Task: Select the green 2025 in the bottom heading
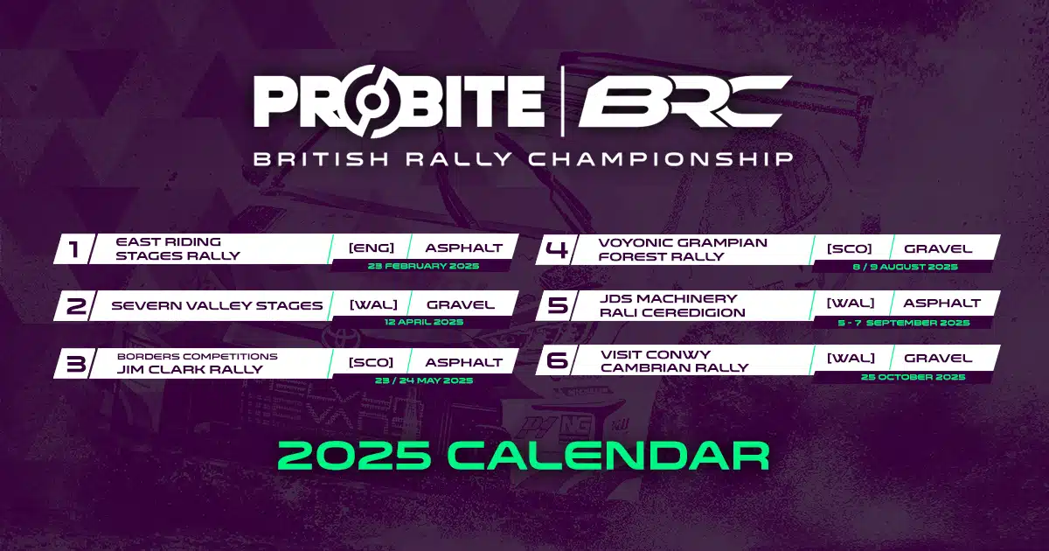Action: [359, 456]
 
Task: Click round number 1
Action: [74, 249]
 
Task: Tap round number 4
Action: [557, 249]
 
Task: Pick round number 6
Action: [557, 361]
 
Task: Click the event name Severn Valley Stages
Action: [217, 305]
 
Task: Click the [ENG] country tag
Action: [371, 248]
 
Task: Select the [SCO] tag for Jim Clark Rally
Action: [371, 362]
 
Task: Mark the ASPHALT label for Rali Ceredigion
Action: [941, 303]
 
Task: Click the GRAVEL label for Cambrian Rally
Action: [938, 358]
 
